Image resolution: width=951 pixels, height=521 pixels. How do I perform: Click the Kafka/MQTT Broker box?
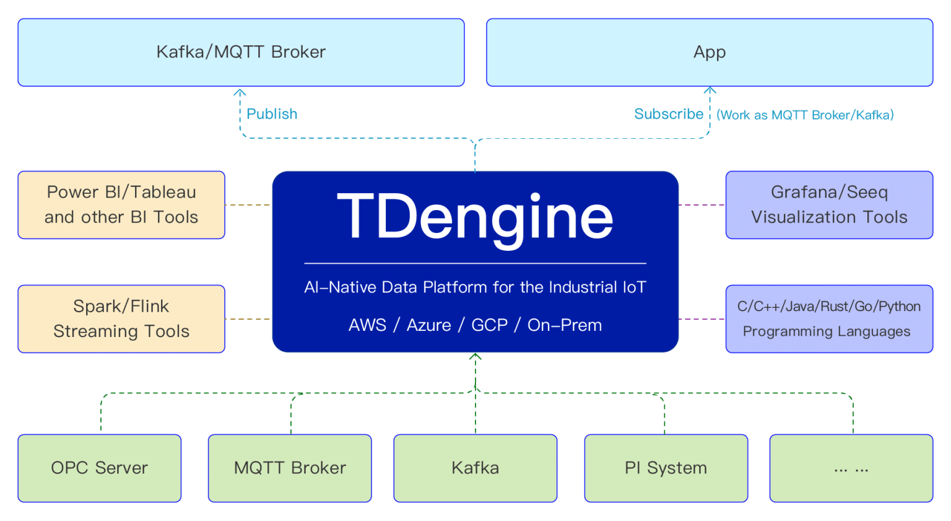[241, 52]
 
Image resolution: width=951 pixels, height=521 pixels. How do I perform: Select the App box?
[710, 52]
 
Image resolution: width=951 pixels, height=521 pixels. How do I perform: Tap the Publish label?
[272, 114]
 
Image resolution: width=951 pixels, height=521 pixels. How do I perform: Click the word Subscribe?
[669, 114]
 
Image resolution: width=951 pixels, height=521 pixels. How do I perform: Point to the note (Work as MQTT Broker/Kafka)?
[805, 115]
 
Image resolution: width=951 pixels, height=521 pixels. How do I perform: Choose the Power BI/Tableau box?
[121, 205]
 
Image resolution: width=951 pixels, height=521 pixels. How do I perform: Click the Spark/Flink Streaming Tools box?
[121, 318]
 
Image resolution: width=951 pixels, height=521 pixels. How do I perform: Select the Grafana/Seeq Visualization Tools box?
[830, 205]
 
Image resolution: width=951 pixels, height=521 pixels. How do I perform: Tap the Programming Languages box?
[830, 318]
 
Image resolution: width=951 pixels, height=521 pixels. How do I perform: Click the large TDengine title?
[475, 219]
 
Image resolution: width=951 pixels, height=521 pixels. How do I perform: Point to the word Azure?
[429, 325]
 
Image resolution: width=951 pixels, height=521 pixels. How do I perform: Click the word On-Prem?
[565, 325]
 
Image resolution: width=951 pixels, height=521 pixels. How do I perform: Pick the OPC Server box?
[99, 468]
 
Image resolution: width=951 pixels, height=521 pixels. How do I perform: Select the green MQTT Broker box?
[290, 468]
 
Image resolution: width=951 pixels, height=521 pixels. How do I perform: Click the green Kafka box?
[475, 468]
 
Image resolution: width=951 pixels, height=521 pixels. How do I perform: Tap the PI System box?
[666, 468]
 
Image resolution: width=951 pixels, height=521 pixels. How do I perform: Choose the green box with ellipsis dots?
[852, 468]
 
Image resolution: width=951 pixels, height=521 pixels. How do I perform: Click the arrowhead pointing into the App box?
[710, 90]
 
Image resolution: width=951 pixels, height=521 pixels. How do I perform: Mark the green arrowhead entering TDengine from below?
[475, 357]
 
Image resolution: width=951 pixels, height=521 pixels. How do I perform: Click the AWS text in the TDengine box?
[367, 325]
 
